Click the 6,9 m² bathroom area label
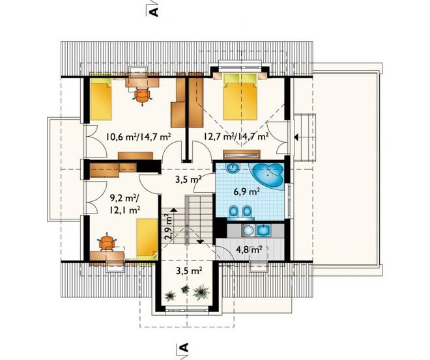tap(246, 192)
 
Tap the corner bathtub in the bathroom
tap(268, 176)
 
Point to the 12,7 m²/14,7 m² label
tap(236, 136)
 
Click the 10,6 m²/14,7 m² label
tap(139, 136)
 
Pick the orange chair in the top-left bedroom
tap(142, 96)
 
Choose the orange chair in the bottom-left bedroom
tap(107, 242)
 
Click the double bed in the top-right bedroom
tap(241, 96)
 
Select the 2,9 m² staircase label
tap(168, 227)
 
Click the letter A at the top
tap(154, 12)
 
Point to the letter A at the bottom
tap(184, 347)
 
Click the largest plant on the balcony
tap(201, 292)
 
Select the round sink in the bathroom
tap(233, 168)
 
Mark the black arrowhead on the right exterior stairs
tap(296, 137)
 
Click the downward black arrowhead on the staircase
tap(200, 242)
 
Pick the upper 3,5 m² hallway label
tap(188, 180)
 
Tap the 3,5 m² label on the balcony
tap(189, 271)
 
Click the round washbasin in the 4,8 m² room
tap(249, 230)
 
